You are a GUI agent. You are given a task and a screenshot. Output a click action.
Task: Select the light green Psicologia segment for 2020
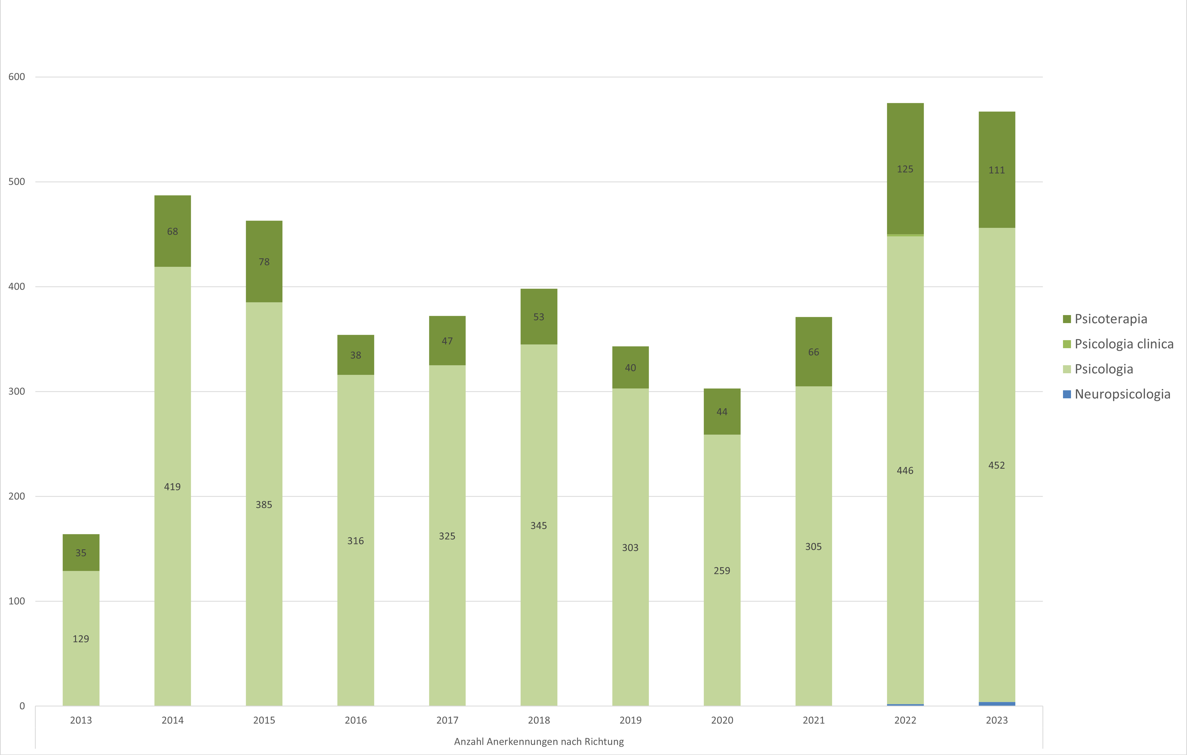tap(722, 617)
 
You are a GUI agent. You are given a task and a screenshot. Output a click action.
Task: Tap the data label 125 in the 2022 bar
tap(905, 169)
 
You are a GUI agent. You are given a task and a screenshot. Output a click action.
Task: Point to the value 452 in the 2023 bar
tap(996, 465)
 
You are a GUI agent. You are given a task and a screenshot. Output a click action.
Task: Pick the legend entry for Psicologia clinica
tap(1124, 344)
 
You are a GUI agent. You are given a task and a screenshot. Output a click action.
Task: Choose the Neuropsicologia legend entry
tap(1122, 394)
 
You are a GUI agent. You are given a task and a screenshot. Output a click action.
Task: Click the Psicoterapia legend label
tap(1110, 319)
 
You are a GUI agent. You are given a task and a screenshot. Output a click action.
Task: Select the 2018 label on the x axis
tap(539, 720)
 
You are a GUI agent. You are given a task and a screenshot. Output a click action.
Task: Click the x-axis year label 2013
tap(81, 720)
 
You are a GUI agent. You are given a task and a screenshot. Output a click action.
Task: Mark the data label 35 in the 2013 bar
tap(81, 553)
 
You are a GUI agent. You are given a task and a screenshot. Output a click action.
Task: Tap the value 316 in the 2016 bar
tap(355, 541)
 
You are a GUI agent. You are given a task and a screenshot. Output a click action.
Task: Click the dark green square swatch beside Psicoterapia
tap(1067, 319)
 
